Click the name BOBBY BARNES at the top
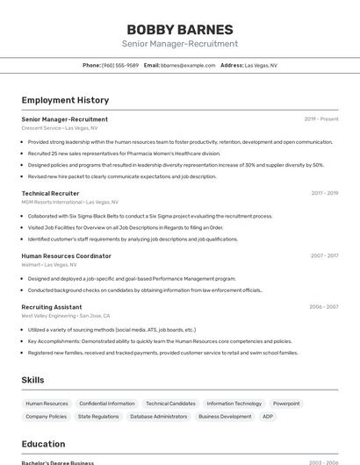[179, 29]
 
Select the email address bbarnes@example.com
[188, 65]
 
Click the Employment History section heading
[65, 100]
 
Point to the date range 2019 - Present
[320, 119]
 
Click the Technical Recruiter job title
[50, 193]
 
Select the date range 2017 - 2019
[324, 193]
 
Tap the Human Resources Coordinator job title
[66, 256]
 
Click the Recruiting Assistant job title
[51, 307]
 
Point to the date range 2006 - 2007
[323, 307]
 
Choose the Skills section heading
[32, 380]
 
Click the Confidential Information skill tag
[107, 404]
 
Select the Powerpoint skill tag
[286, 404]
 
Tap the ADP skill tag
[268, 417]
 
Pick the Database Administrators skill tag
[159, 417]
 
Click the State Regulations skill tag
[98, 417]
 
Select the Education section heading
[43, 444]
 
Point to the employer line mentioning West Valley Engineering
[66, 316]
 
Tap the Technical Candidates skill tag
[170, 404]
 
